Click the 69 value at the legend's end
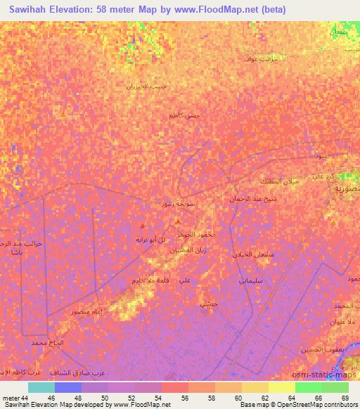click(344, 398)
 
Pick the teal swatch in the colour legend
click(41, 387)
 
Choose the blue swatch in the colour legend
click(68, 387)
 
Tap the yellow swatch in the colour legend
click(281, 387)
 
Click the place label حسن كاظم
click(184, 115)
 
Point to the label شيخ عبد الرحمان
click(250, 199)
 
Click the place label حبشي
click(208, 304)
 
